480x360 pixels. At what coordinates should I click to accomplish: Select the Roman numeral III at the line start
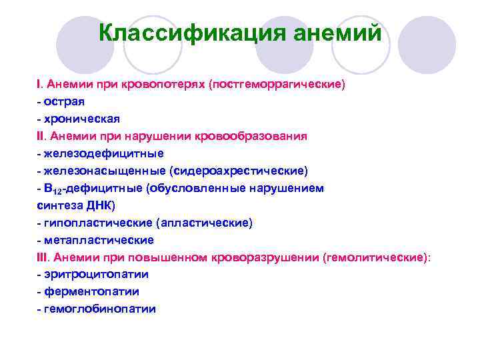coord(43,257)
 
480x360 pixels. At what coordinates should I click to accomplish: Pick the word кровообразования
coord(251,137)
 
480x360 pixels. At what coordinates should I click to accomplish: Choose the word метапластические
coord(95,240)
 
